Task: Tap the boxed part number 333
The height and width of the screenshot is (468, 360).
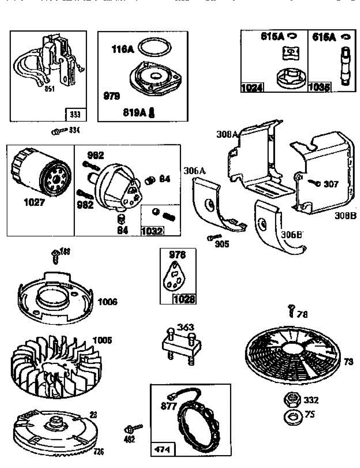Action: [74, 115]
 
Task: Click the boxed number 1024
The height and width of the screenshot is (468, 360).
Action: [252, 88]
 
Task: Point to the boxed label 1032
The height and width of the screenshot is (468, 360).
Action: [153, 230]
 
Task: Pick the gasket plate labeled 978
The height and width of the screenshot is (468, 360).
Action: [175, 277]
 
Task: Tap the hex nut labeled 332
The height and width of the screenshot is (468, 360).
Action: [291, 399]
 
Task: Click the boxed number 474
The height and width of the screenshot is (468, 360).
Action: [162, 449]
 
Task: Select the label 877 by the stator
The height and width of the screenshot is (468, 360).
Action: [169, 406]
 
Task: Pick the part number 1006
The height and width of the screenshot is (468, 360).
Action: [107, 302]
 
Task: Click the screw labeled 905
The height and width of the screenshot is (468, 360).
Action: [215, 237]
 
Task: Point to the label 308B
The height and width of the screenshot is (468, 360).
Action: [345, 216]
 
